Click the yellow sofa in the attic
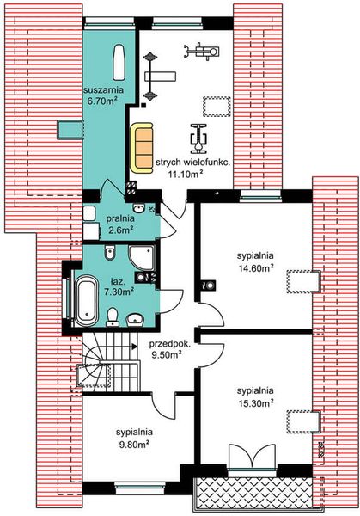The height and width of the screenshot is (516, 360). [x=142, y=149]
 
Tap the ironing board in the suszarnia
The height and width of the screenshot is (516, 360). [x=119, y=63]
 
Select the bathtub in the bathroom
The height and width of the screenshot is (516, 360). [x=86, y=301]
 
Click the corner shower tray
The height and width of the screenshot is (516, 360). [x=142, y=258]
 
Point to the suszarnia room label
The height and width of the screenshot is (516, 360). [x=103, y=89]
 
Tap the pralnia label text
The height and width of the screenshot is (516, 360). [x=120, y=218]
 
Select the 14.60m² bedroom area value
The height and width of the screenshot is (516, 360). [x=256, y=267]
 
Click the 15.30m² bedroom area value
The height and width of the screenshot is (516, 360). [x=256, y=403]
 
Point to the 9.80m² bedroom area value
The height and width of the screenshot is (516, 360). [x=135, y=445]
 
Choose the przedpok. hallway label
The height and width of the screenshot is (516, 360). [x=169, y=345]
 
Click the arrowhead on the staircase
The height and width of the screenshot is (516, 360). [x=134, y=346]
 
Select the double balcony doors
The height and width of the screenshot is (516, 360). [x=252, y=456]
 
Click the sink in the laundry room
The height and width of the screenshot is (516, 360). [x=139, y=208]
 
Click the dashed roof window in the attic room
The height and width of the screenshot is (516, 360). [x=217, y=107]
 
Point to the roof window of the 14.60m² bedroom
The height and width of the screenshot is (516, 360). [x=303, y=281]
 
